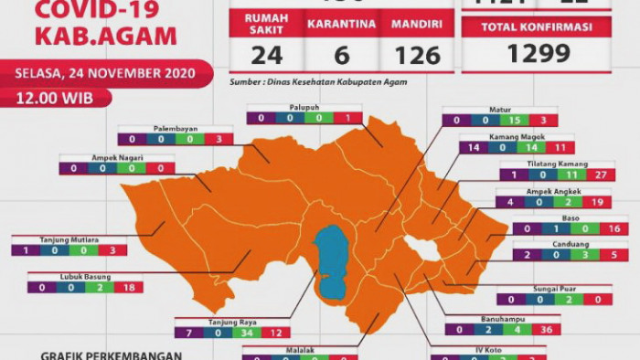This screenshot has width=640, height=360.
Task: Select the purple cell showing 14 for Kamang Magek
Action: click(x=474, y=147)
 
